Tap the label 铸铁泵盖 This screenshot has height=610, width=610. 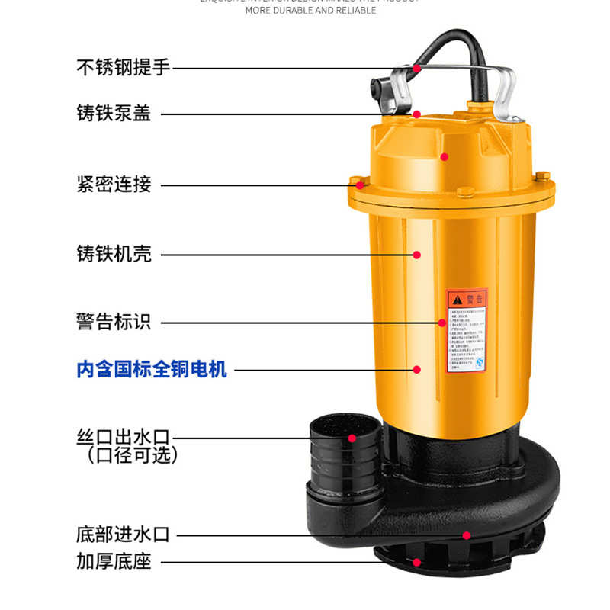(x=114, y=114)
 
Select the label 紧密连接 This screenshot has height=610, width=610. (x=114, y=184)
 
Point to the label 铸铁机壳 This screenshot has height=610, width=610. (x=114, y=254)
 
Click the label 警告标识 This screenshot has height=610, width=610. (x=114, y=322)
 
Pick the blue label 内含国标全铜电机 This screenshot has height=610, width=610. (x=152, y=370)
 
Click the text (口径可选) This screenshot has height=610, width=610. (x=131, y=456)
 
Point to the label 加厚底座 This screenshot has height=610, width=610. (x=114, y=562)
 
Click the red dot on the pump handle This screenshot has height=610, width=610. (x=417, y=67)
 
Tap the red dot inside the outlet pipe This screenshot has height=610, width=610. (x=352, y=438)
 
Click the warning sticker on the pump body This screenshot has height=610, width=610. (x=467, y=330)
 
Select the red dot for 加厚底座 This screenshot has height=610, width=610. (x=416, y=563)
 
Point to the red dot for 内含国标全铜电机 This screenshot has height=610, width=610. (x=416, y=370)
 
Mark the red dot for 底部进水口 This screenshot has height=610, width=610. (x=467, y=535)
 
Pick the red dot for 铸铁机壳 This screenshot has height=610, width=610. (x=417, y=254)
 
